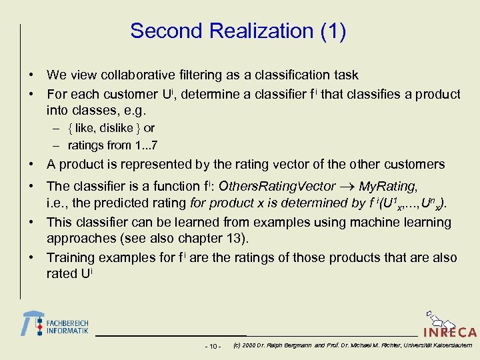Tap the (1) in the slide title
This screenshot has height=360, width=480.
point(331,31)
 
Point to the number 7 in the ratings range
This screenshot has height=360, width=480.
point(154,145)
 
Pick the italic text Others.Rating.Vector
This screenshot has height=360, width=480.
point(277,187)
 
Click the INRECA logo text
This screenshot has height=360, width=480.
point(449,331)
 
